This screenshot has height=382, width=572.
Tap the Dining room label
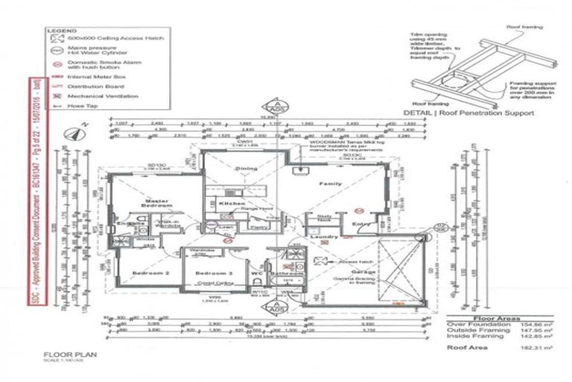coord(247,169)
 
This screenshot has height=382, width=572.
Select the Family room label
coord(330,184)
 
